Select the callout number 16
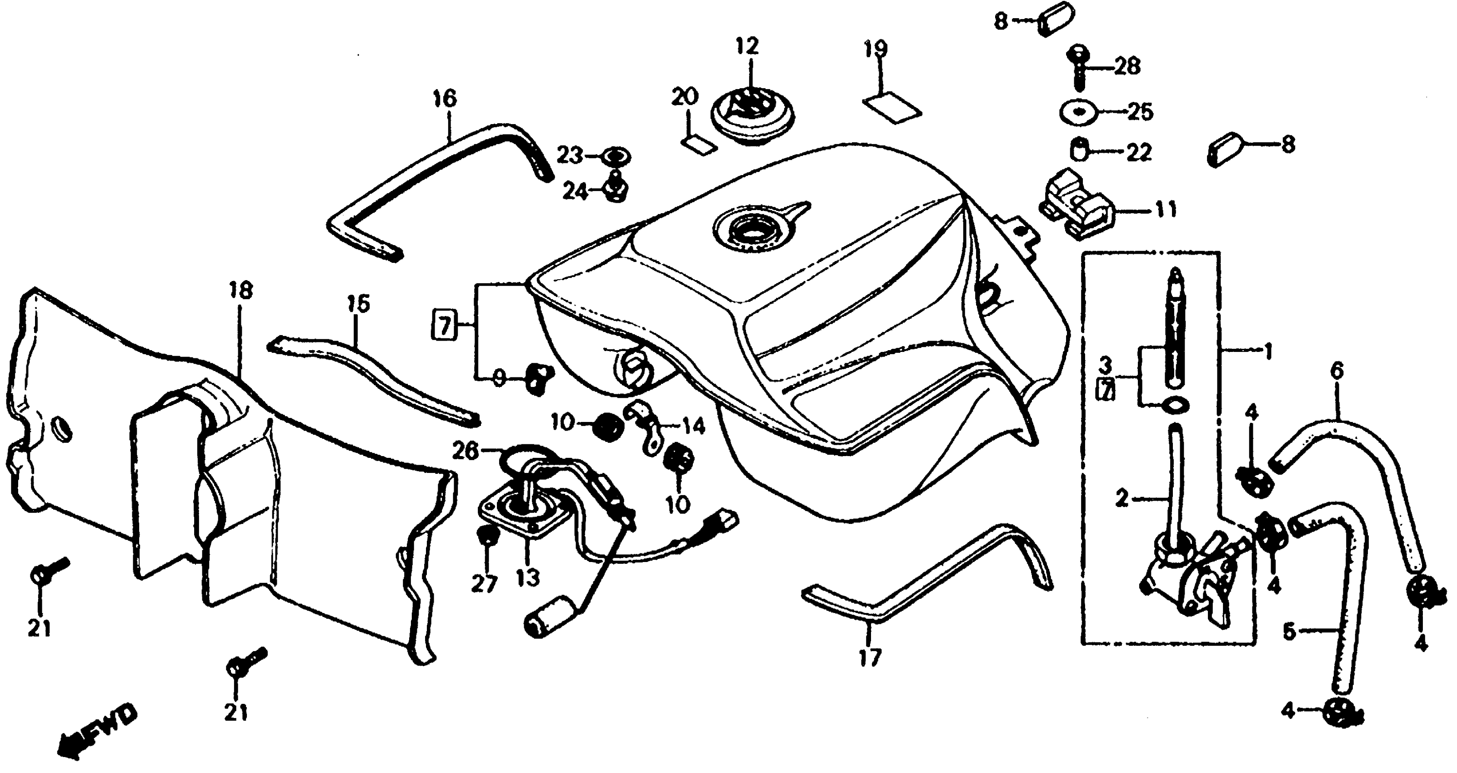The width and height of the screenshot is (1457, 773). (445, 99)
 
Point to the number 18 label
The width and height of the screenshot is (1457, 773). (240, 291)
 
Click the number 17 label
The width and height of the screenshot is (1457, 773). (870, 658)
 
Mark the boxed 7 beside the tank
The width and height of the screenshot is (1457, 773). (445, 326)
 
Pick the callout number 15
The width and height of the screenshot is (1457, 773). (358, 303)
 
